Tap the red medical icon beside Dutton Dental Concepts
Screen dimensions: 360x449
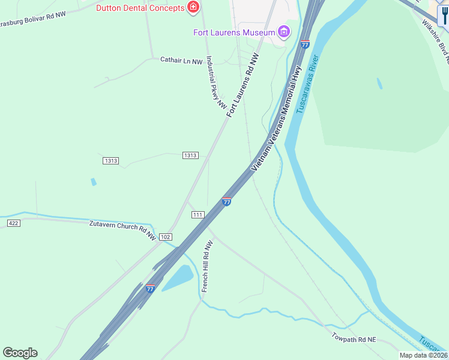[193, 7]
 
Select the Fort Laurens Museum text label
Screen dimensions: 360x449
[234, 32]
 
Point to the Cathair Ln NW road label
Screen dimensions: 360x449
[181, 60]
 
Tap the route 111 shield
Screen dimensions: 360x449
[197, 215]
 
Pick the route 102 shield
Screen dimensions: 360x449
[166, 237]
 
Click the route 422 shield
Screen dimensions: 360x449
[14, 223]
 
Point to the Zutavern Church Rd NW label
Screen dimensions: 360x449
[122, 230]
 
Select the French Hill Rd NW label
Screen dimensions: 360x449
[207, 266]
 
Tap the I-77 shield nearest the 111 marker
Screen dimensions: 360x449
[226, 202]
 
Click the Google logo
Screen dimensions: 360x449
[20, 353]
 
